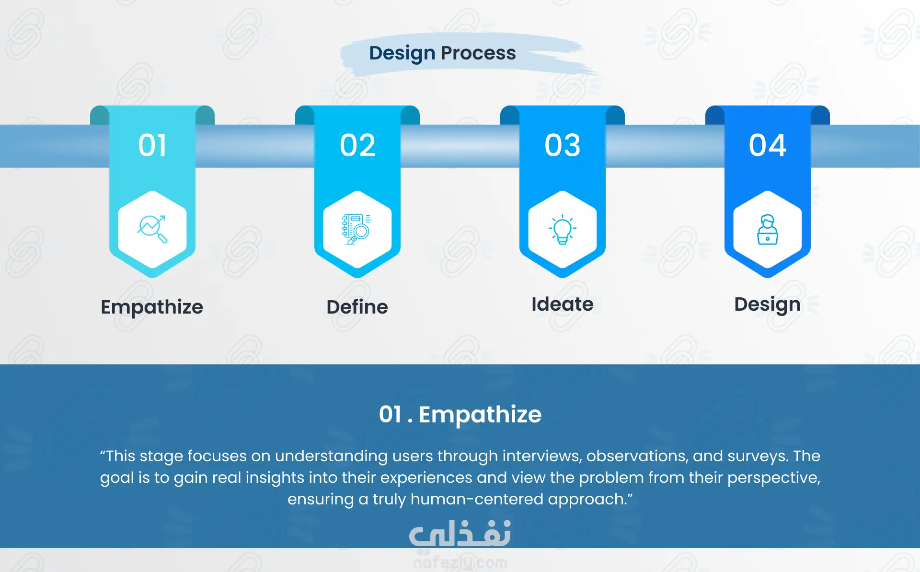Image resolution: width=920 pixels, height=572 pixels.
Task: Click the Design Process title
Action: tap(442, 53)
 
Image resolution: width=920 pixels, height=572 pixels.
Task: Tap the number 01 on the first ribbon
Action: tap(152, 145)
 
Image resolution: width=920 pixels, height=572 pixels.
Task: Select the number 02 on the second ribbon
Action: tap(357, 145)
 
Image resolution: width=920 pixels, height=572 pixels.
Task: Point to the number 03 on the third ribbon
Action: tap(563, 145)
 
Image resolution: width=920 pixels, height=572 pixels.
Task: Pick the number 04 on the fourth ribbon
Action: tap(768, 145)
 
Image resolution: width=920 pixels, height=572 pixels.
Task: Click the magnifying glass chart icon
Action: tap(152, 229)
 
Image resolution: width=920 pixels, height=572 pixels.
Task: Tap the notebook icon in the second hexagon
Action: tap(356, 229)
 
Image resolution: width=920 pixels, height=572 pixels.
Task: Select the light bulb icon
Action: tap(563, 229)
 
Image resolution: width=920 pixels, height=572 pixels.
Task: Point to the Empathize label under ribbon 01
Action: tap(152, 307)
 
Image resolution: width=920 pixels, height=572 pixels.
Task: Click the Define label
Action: tap(357, 307)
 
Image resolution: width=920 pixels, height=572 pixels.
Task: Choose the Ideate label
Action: tap(563, 304)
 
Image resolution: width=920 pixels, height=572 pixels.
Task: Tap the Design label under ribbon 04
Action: tap(768, 305)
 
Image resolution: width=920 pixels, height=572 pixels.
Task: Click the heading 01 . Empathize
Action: tap(460, 415)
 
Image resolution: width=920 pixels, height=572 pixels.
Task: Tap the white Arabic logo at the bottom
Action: tap(460, 533)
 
